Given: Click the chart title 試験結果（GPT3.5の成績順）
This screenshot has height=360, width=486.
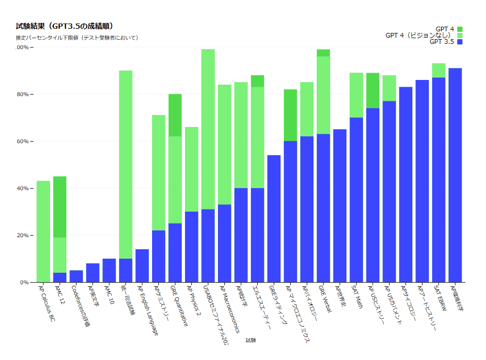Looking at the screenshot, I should point(65,26).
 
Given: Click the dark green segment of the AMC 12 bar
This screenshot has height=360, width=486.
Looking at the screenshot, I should point(60,207).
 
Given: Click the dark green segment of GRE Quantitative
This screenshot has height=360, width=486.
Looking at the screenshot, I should point(175,115).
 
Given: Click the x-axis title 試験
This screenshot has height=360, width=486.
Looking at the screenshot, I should point(251,340).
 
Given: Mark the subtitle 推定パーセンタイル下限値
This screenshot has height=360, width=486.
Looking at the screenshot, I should point(77,38).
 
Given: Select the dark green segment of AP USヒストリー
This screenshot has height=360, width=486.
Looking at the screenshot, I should point(373,90).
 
